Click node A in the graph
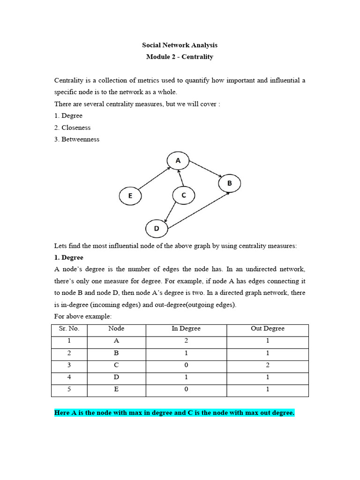178,161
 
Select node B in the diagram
230,183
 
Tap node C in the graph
184,195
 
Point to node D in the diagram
157,229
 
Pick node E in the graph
131,196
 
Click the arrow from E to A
154,179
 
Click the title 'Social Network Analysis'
180,45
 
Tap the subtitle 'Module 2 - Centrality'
180,57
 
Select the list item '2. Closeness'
73,127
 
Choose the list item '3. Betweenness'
77,139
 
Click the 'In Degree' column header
186,329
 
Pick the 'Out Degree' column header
268,329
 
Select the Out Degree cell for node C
268,365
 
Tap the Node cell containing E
116,390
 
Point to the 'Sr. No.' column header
69,329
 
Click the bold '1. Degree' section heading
69,257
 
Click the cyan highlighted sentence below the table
174,413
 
